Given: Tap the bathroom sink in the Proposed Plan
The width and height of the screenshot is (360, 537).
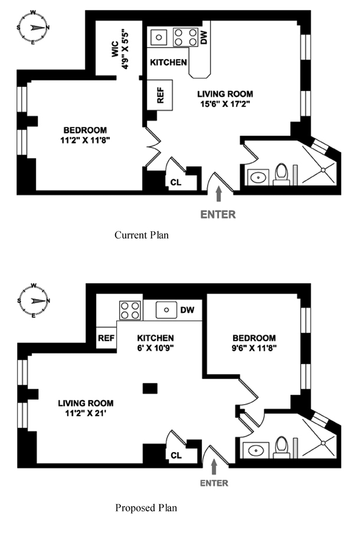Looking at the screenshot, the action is pos(256,450).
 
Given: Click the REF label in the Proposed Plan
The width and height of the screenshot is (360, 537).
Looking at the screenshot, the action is pos(106,338).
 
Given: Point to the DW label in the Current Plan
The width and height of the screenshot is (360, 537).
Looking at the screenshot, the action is pos(204,37).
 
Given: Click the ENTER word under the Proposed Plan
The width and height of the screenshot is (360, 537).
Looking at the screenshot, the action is pos(214,483).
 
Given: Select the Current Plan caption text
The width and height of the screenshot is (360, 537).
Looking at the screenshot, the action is pos(142,235).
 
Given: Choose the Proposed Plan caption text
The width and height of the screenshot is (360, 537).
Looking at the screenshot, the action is pos(146,507).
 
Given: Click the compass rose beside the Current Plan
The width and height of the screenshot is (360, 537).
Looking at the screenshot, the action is pos(33,27).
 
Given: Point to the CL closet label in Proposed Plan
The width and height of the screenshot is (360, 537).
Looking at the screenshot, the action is pos(176,455).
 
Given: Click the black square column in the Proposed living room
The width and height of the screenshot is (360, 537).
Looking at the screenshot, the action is pos(150,388).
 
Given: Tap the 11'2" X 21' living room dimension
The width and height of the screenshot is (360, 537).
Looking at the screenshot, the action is pos(86,413).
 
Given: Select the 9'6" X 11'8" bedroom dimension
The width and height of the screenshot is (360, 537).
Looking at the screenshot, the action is pos(254,348).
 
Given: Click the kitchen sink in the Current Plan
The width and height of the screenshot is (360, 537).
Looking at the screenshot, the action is pos(159,37).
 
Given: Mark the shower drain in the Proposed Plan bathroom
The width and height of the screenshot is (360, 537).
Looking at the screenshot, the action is pos(323,443).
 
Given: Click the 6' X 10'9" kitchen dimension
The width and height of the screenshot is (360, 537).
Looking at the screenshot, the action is pos(156,348).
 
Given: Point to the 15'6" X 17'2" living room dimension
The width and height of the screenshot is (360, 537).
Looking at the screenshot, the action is pos(225,104).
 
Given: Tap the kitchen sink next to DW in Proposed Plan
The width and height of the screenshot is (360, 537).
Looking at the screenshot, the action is pos(166,310).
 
